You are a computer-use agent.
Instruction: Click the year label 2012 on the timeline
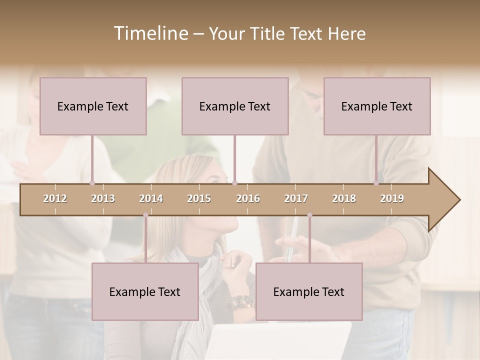click(55, 198)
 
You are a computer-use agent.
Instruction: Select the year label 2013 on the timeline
click(103, 198)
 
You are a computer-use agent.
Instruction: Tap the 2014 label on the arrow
click(151, 198)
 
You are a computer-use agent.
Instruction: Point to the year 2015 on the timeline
click(199, 198)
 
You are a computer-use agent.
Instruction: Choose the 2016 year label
click(248, 198)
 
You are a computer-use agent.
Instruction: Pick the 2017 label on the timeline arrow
click(296, 198)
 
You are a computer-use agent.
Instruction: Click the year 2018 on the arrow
click(344, 198)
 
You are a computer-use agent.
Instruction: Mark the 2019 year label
click(392, 198)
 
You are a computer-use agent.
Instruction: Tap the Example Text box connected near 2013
click(93, 106)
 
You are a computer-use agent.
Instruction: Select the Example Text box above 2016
click(235, 106)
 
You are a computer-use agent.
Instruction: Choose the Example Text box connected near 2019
click(377, 106)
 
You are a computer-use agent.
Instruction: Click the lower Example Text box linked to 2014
click(145, 291)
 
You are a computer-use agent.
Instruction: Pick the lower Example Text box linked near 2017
click(309, 291)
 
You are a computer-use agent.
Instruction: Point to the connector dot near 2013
click(92, 183)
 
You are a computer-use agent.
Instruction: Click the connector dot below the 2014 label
click(145, 215)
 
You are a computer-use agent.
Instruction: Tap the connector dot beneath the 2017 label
click(309, 215)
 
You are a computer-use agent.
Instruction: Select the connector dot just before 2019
click(376, 183)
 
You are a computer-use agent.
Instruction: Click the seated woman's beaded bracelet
click(240, 302)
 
